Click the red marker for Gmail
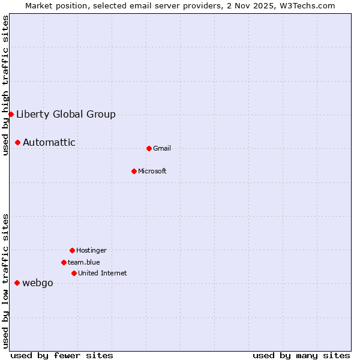click(149, 148)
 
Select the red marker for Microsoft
click(134, 171)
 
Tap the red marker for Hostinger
click(72, 250)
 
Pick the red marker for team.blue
click(64, 262)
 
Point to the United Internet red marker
click(74, 273)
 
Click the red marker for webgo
click(17, 283)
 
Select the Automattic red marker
click(17, 142)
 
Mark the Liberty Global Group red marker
click(11, 114)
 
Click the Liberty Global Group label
click(66, 114)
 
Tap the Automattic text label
click(49, 142)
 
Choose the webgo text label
click(38, 283)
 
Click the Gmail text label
click(162, 148)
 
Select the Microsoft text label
click(152, 171)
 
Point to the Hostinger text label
click(91, 250)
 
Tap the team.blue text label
click(84, 262)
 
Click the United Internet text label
click(103, 273)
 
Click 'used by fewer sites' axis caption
click(62, 355)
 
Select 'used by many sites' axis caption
click(301, 355)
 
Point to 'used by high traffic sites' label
click(5, 85)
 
